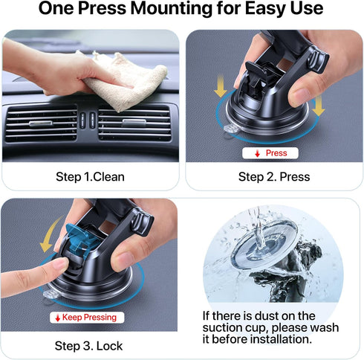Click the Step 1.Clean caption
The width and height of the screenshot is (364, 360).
pos(90,177)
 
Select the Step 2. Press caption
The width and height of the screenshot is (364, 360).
pos(273,177)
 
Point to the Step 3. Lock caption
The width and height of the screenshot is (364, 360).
pos(88,346)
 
